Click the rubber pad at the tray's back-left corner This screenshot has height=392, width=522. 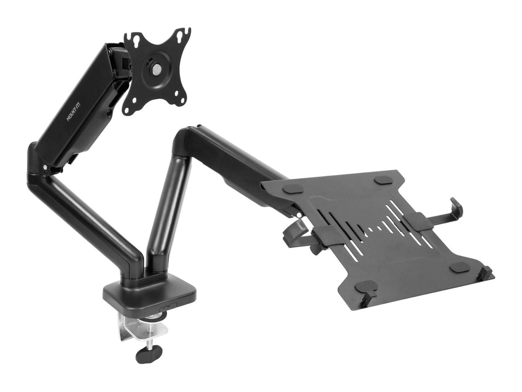tap(294, 188)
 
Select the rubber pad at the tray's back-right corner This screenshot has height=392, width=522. tap(383, 179)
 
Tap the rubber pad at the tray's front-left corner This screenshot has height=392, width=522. tap(366, 286)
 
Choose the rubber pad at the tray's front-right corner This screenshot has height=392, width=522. tap(459, 267)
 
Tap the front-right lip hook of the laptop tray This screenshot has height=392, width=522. tap(485, 274)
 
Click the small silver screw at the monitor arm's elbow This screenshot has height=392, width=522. tap(45, 167)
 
